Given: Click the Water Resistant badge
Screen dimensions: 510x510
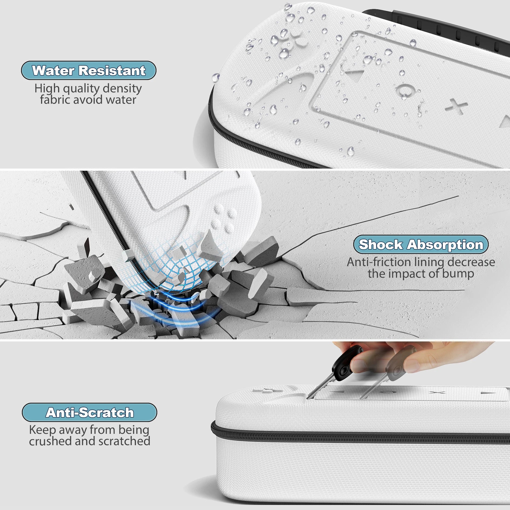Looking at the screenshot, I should (x=89, y=71).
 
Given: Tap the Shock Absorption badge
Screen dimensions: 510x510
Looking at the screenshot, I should (x=421, y=244).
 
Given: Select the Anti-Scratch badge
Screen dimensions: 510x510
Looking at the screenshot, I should (x=89, y=412).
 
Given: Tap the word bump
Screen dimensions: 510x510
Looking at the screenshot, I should (x=458, y=274).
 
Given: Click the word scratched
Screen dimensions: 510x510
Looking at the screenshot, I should (x=124, y=441).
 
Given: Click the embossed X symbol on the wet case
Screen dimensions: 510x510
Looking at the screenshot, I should (x=457, y=106).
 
